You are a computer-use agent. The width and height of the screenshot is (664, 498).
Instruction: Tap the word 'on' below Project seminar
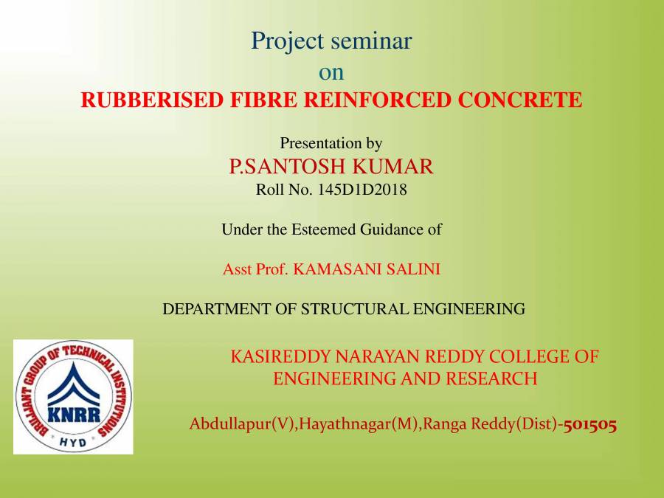331,73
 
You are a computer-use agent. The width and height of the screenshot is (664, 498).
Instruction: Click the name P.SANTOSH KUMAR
331,167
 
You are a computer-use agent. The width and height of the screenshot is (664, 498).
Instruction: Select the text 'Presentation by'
331,143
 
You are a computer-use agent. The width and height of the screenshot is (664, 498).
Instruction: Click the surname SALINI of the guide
415,269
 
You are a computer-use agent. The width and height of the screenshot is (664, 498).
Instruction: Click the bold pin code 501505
590,424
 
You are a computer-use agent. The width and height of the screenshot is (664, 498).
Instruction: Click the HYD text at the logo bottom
73,441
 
